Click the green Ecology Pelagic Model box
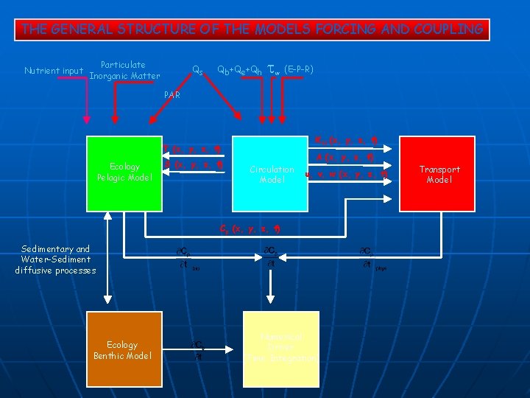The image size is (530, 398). (x=124, y=172)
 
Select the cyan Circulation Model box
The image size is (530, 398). (x=271, y=172)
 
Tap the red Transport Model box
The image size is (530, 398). (x=439, y=172)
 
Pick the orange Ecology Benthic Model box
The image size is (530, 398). (x=124, y=349)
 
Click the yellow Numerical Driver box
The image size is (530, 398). (x=281, y=348)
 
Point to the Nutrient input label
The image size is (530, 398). (x=54, y=71)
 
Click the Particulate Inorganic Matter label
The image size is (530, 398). (x=123, y=70)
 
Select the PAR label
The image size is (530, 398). (x=172, y=95)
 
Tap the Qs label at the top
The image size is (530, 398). (x=198, y=71)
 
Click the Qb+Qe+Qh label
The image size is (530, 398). (x=240, y=71)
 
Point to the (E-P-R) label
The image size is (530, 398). (x=299, y=70)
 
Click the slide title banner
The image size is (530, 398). (x=252, y=29)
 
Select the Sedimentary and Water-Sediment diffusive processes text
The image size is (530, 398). (x=55, y=259)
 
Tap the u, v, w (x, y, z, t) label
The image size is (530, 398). (x=347, y=175)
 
